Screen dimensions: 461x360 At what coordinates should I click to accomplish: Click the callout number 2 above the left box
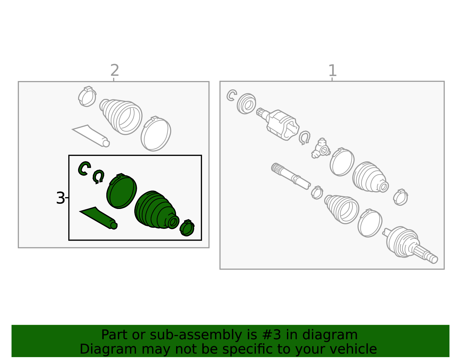(115, 70)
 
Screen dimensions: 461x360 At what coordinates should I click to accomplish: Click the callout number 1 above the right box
(332, 70)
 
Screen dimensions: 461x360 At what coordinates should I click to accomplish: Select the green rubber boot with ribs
(156, 210)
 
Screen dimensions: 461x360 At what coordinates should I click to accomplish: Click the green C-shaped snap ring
(84, 168)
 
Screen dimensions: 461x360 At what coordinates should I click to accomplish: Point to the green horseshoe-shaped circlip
(99, 176)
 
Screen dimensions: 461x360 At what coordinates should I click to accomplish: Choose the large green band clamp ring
(121, 191)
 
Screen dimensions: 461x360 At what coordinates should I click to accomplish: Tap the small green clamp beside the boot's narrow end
(187, 228)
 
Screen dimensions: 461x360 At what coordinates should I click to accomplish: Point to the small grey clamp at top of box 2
(87, 96)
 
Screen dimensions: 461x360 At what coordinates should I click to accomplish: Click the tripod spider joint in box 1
(321, 148)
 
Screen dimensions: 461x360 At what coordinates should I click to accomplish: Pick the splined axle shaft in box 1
(291, 176)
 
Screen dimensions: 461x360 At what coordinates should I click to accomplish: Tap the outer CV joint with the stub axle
(409, 245)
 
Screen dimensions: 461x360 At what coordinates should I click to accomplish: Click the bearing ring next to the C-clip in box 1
(246, 103)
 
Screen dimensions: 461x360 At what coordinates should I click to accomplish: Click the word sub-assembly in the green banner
(196, 335)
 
